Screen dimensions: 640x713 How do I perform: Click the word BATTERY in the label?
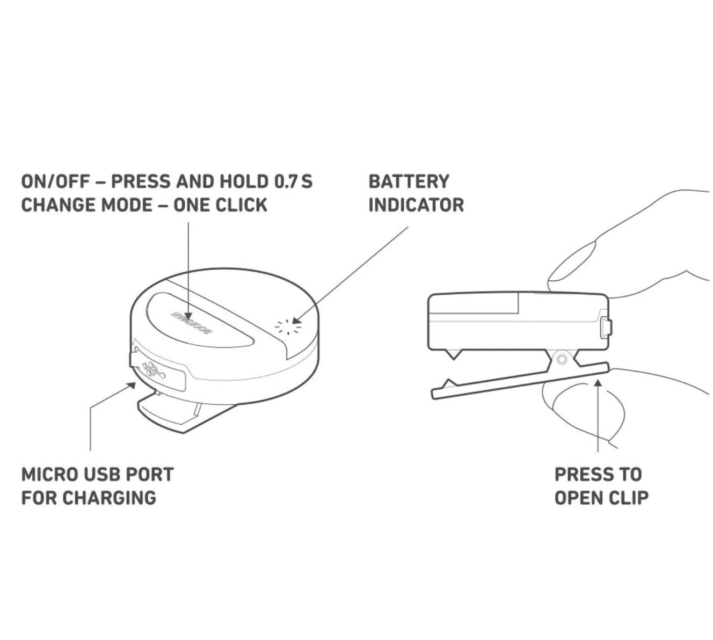[408, 181]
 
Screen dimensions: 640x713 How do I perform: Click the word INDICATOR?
[416, 205]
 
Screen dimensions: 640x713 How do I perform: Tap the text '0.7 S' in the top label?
[293, 181]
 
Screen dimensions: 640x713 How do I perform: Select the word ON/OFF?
[55, 181]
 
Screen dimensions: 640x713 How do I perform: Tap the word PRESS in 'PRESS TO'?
[581, 475]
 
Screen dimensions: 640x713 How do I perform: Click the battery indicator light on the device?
[288, 326]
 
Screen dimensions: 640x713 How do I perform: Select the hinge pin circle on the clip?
[562, 359]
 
